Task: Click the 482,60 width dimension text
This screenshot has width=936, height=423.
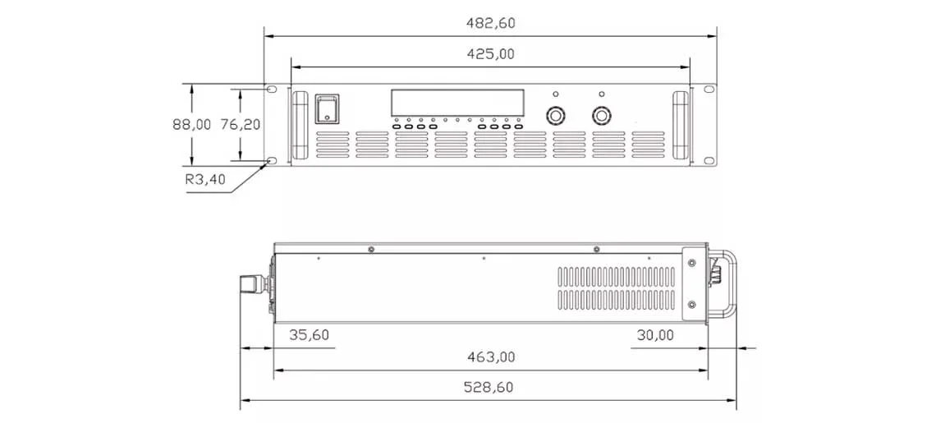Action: tap(490, 23)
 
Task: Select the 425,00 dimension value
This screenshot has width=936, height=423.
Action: tap(490, 53)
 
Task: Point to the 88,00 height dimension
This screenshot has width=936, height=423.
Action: tap(191, 124)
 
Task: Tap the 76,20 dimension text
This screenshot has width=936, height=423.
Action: tap(240, 124)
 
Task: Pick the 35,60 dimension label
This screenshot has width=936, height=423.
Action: tap(310, 335)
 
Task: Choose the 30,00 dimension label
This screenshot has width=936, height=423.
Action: tap(655, 335)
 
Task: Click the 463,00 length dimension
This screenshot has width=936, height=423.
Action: tap(490, 356)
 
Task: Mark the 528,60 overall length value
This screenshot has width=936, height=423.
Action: tap(489, 387)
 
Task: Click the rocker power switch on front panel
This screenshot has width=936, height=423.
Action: tap(327, 109)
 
